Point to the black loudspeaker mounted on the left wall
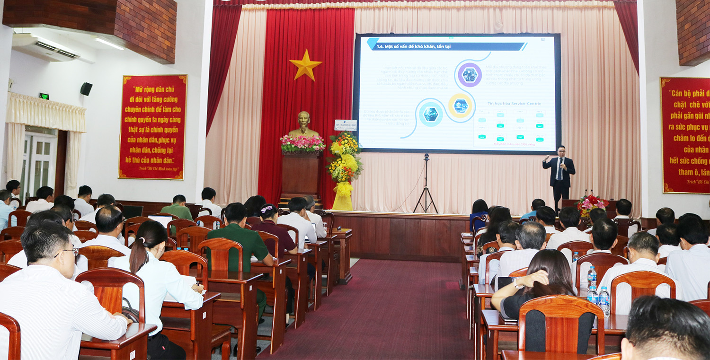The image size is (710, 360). (x=86, y=88)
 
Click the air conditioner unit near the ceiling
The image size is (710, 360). (x=47, y=47)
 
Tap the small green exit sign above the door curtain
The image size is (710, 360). (x=44, y=96)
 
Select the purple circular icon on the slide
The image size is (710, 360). (x=470, y=75)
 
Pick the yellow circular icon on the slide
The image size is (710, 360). (x=460, y=105)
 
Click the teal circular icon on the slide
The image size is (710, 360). (x=431, y=114)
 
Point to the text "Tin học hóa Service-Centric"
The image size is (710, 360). (x=514, y=104)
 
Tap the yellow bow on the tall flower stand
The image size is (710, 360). (x=344, y=189)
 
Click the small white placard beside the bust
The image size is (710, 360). (x=345, y=125)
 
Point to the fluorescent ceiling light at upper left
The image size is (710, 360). (x=109, y=44)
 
